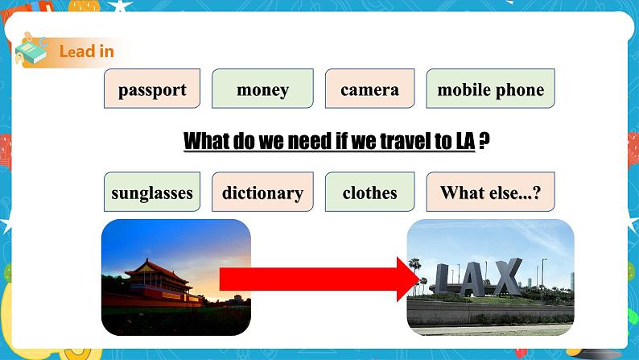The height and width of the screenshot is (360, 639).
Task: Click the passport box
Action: [152, 89]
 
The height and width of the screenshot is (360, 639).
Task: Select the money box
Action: [262, 89]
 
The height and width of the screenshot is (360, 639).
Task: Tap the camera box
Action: [369, 89]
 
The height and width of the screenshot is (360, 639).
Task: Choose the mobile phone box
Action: [490, 89]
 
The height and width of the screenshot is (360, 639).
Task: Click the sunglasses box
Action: [152, 192]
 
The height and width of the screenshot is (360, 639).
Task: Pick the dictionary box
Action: [262, 192]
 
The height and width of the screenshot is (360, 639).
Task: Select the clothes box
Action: [369, 192]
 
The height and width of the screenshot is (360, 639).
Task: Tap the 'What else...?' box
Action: [490, 192]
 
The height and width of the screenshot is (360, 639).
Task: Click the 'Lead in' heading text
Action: [86, 52]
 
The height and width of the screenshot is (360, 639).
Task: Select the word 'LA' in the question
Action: [464, 142]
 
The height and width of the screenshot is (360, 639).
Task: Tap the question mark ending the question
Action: [484, 142]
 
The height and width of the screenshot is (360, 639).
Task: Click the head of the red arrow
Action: [410, 278]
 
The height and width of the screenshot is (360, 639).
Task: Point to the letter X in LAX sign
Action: [505, 278]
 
